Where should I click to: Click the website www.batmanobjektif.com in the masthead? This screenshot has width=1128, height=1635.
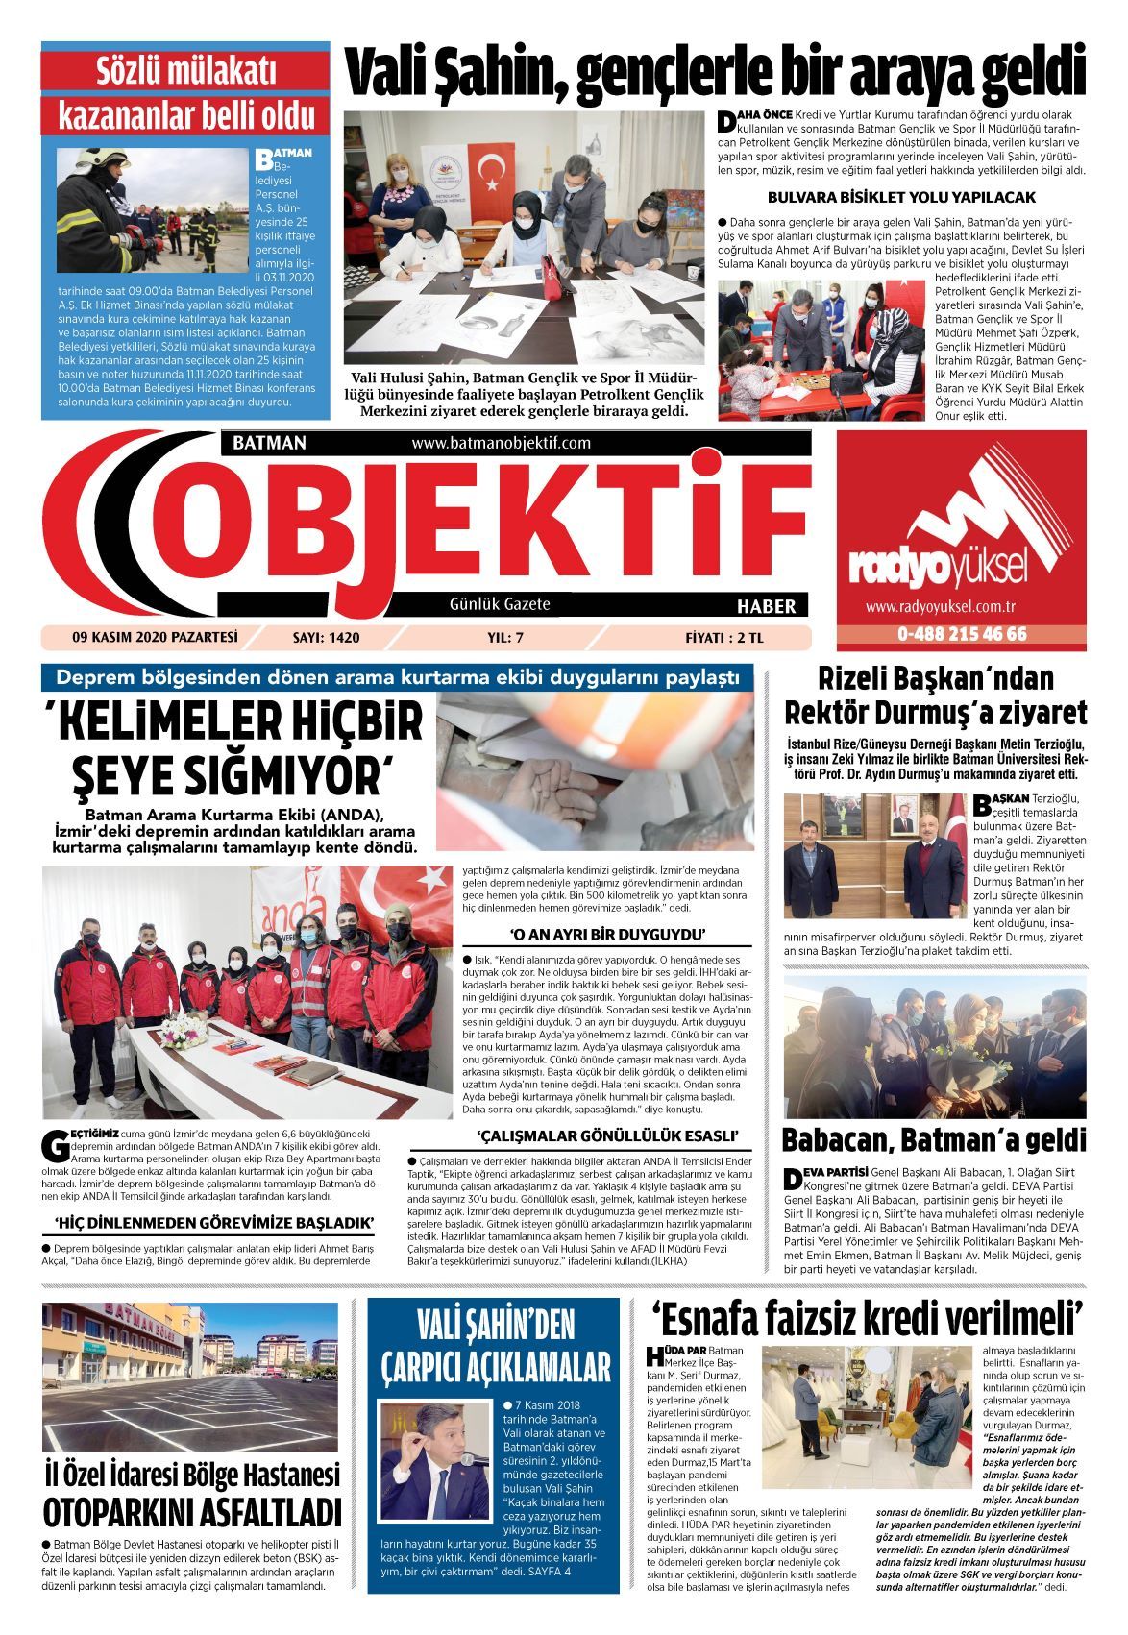pos(501,443)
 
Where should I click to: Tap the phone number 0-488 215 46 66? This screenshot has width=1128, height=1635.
pos(948,634)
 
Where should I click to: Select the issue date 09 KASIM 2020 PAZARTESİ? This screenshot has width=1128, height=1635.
pos(154,636)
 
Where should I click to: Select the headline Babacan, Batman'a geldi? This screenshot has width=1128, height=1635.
pos(934,1140)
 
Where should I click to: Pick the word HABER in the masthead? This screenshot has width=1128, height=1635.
pos(766,606)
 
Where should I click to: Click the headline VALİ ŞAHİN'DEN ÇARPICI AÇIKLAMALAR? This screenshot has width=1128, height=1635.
pos(496,1347)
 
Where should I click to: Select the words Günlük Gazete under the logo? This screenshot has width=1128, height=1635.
pos(500,604)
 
